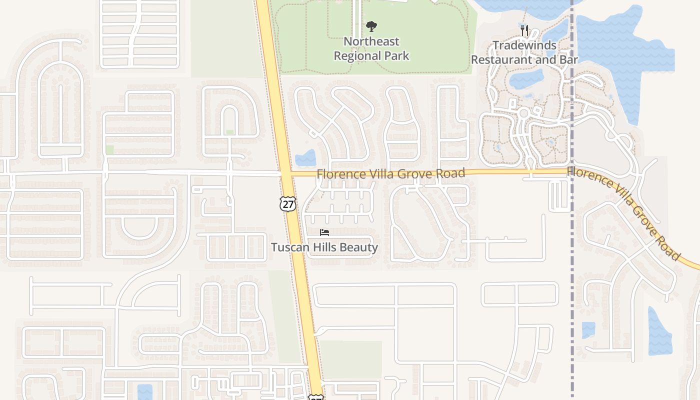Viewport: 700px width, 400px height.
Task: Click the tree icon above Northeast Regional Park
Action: pos(371,26)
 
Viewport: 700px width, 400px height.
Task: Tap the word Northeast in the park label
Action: pos(371,41)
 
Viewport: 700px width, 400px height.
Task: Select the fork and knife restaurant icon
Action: pos(524,30)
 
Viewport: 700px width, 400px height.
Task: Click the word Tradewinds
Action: pos(524,45)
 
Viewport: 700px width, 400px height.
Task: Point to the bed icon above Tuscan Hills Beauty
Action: pos(324,232)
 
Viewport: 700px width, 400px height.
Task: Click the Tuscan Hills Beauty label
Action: pos(324,247)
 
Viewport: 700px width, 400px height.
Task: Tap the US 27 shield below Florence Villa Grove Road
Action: pos(288,203)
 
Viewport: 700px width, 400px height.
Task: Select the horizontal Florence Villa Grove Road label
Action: pos(390,173)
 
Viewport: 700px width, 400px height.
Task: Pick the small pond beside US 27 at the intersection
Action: pos(305,158)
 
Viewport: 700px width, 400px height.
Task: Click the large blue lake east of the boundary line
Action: pos(620,55)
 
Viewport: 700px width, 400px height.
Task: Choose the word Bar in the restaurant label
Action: pos(569,59)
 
